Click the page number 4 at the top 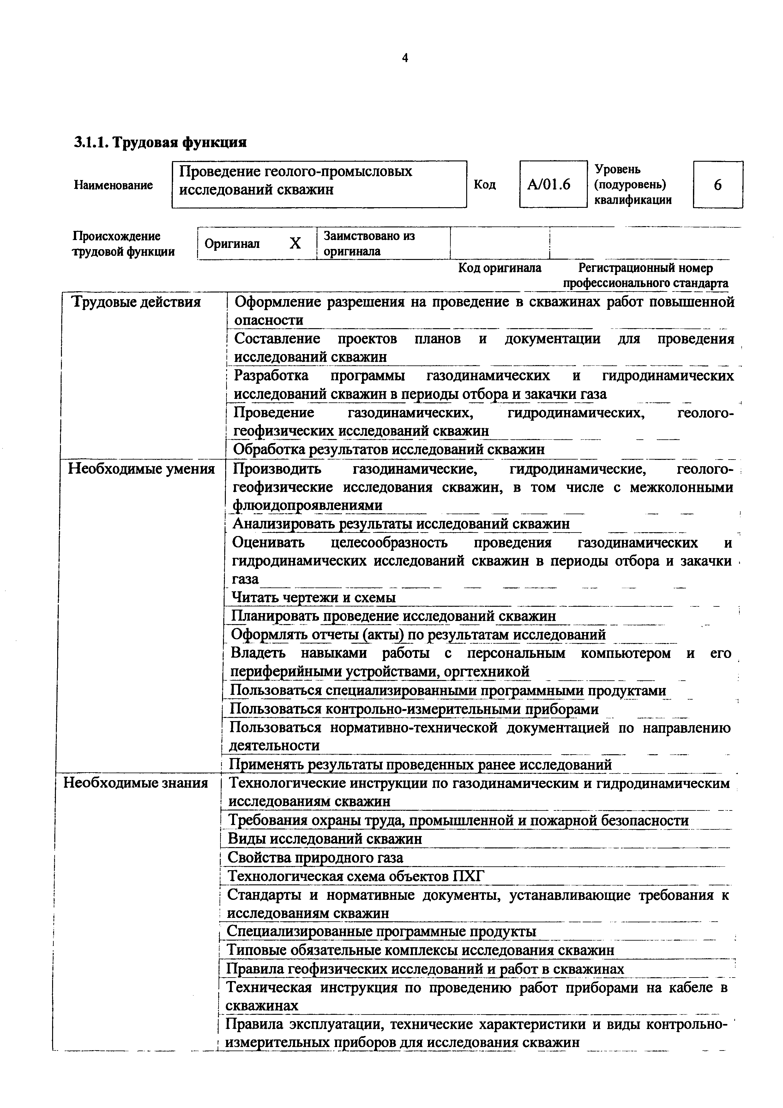pos(405,58)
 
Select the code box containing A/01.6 pos(553,184)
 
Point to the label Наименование pos(113,185)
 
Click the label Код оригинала pos(499,268)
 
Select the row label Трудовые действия pos(136,303)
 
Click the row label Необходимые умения pos(142,469)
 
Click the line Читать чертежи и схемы pos(314,598)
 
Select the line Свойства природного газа pos(315,858)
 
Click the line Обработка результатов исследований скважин pos(389,449)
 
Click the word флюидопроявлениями pos(307,505)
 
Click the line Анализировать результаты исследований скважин pos(401,524)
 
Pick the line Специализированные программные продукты pos(381,931)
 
